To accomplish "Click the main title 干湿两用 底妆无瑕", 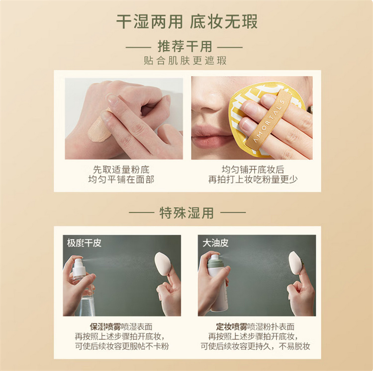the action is point(186,22).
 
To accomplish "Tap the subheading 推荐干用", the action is point(185,46).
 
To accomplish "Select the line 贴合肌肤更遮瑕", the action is point(185,61).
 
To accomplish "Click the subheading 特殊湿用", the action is point(186,213).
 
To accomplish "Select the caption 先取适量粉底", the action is point(121,170).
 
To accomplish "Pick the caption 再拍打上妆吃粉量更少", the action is point(253,180).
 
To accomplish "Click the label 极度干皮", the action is point(84,243).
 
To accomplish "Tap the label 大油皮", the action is point(215,243).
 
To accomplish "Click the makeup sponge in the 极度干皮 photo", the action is point(163,264).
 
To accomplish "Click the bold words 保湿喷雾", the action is point(105,327).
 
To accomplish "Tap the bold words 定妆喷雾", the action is point(232,327).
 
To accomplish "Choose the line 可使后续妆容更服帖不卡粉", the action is point(122,346).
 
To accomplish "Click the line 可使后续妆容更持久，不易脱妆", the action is point(255,346).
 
